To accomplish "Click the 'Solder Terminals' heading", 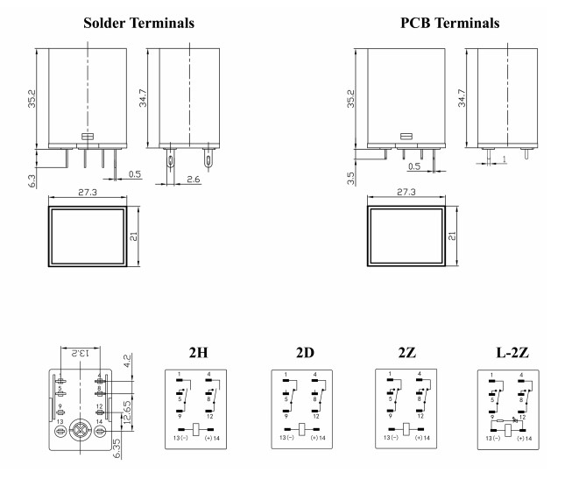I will (x=139, y=21).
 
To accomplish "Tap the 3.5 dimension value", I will (x=350, y=179).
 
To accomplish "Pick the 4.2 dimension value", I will (x=128, y=360).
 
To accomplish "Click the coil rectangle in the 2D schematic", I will (x=302, y=429).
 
